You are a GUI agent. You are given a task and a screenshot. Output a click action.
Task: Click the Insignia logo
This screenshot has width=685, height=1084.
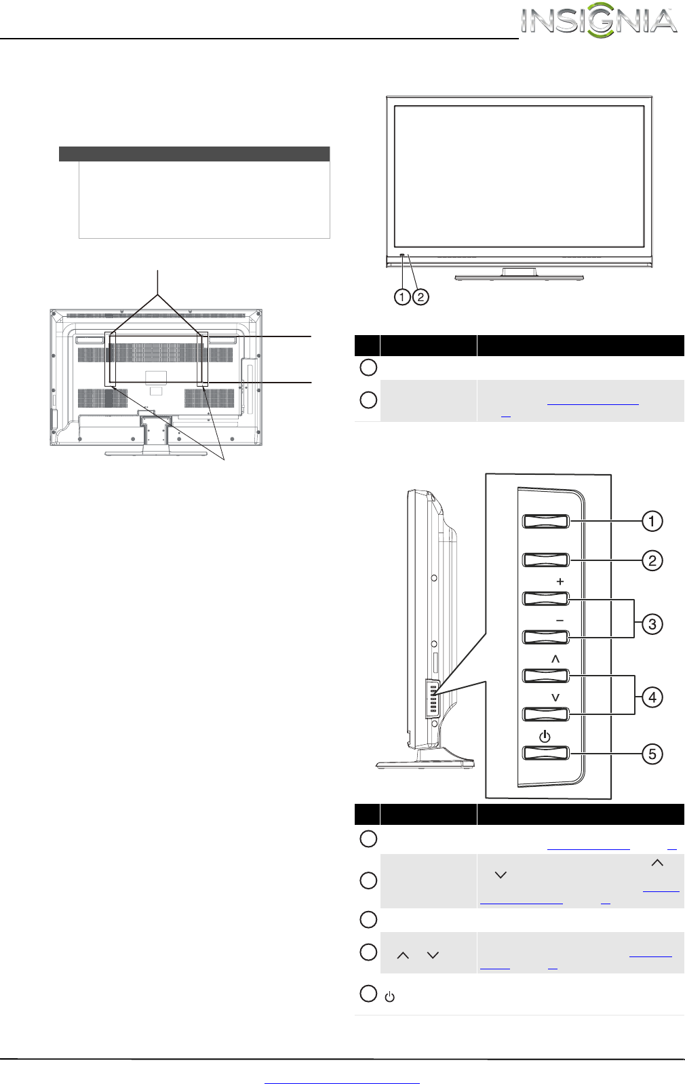[599, 21]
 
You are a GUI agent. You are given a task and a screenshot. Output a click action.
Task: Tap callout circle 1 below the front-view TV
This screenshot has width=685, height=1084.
[402, 296]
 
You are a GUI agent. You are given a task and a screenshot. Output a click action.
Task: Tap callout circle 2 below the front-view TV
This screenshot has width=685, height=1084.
[420, 296]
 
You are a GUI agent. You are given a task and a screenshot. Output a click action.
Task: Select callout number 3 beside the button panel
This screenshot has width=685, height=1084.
[652, 624]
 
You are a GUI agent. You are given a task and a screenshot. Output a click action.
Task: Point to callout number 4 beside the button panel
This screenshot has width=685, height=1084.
[652, 697]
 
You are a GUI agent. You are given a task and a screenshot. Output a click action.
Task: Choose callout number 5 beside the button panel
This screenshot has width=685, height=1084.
[652, 754]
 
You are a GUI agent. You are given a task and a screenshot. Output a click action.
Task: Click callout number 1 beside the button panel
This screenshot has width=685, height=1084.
[652, 521]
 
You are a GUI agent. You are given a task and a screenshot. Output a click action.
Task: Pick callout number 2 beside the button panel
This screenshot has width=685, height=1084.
[652, 560]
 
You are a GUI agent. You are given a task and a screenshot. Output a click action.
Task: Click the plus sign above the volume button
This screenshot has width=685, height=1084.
[560, 581]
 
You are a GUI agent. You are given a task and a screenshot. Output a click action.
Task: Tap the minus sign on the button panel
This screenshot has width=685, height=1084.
[560, 621]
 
